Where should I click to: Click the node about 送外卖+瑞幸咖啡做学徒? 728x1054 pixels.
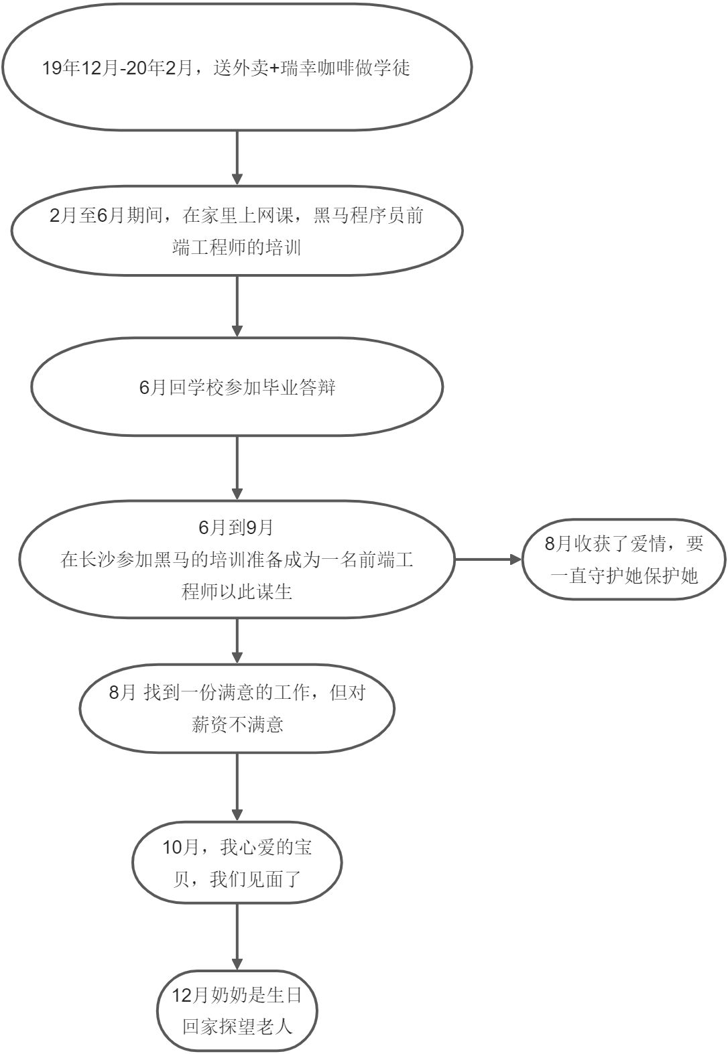pos(237,67)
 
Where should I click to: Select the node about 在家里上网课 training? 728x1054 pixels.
pos(237,232)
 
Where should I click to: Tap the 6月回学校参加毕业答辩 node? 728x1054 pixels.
pos(237,387)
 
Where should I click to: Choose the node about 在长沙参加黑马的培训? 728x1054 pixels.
pos(237,560)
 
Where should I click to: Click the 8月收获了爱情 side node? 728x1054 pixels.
pos(623,559)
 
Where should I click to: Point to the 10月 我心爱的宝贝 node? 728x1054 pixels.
pos(237,864)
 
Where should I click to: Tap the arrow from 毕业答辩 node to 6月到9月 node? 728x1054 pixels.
pos(237,469)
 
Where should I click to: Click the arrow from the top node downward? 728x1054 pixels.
pos(237,157)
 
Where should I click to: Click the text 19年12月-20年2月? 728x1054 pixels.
pos(117,68)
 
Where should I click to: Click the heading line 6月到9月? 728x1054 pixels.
pos(236,527)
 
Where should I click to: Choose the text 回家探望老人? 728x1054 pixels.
pos(238,1027)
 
